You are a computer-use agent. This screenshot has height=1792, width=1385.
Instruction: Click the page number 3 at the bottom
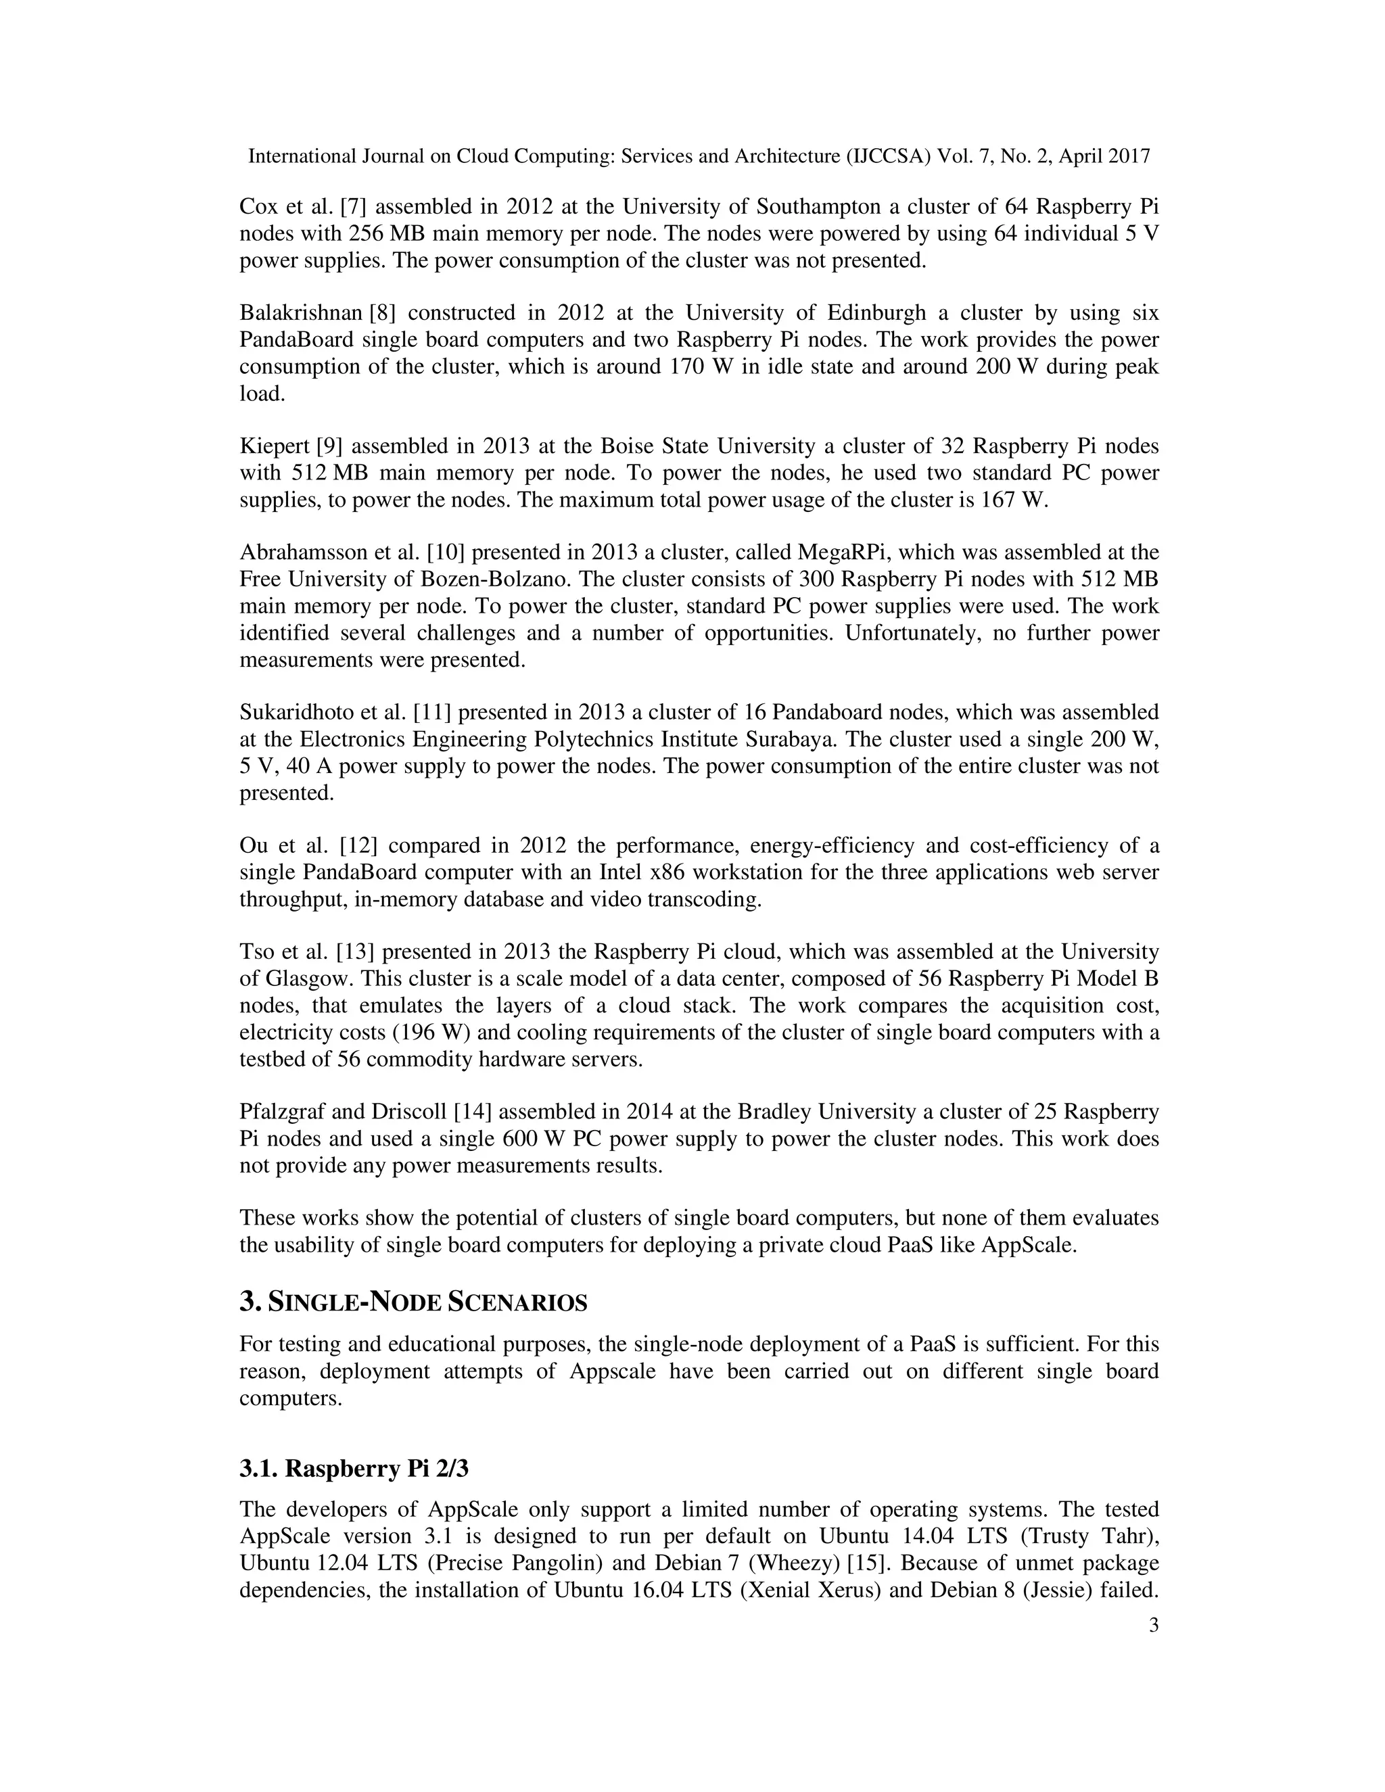click(1154, 1626)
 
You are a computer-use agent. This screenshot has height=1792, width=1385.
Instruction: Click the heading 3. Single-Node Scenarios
click(413, 1302)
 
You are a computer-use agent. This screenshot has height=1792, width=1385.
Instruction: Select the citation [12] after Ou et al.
click(357, 846)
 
